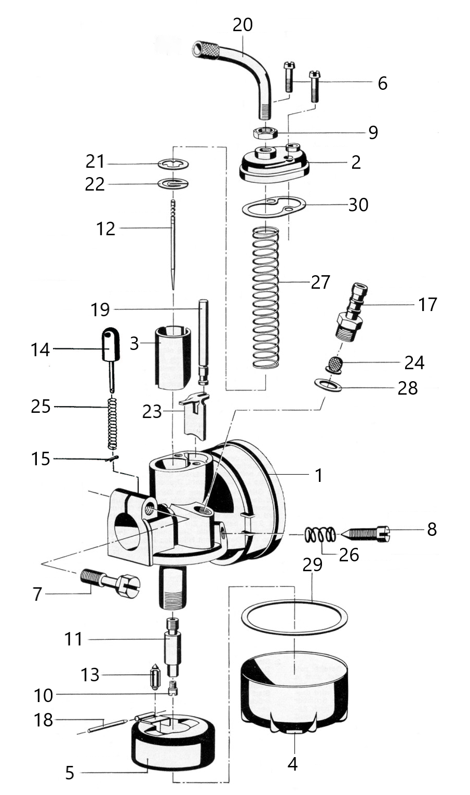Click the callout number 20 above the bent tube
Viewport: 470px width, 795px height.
pyautogui.click(x=243, y=25)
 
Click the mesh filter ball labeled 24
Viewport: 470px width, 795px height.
pyautogui.click(x=334, y=363)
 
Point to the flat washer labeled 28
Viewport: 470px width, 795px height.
pyautogui.click(x=328, y=385)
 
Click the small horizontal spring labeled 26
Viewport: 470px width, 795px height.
pyautogui.click(x=320, y=534)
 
